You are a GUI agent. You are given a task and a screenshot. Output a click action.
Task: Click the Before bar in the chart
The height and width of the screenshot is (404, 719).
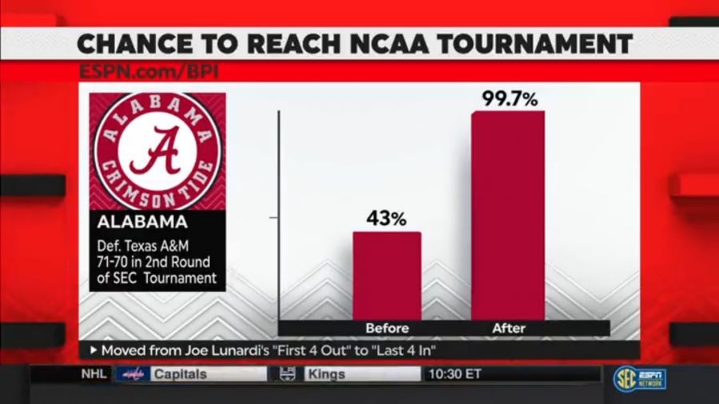coord(387,275)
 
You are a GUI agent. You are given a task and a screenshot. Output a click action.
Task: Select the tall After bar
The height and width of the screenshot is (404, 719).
coord(508,216)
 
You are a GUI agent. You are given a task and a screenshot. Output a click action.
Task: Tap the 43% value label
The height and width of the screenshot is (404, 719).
coord(387,218)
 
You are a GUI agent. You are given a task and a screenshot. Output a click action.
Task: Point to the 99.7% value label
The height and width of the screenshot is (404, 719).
coord(509,99)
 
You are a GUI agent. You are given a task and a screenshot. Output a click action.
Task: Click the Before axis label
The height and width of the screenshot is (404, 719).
coord(387,328)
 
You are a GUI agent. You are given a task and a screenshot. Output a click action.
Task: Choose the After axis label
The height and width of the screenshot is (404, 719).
coord(508,328)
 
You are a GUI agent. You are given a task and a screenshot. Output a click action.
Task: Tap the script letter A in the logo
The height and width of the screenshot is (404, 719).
coord(157,152)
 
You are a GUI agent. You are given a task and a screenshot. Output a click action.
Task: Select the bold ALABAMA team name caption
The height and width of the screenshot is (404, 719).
coord(142,221)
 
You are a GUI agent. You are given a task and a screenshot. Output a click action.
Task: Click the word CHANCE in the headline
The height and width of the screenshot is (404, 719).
coord(128,43)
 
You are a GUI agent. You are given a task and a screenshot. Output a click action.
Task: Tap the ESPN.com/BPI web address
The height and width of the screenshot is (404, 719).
coord(149,71)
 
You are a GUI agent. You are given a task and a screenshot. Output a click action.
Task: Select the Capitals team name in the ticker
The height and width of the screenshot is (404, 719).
coord(179,374)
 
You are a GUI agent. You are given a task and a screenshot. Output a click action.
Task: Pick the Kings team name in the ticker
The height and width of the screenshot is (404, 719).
coord(326,374)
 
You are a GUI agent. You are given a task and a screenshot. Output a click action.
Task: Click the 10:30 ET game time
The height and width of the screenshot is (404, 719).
coord(455,374)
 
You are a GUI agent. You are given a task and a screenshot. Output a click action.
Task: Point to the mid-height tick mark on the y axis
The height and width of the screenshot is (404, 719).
coord(274,217)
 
